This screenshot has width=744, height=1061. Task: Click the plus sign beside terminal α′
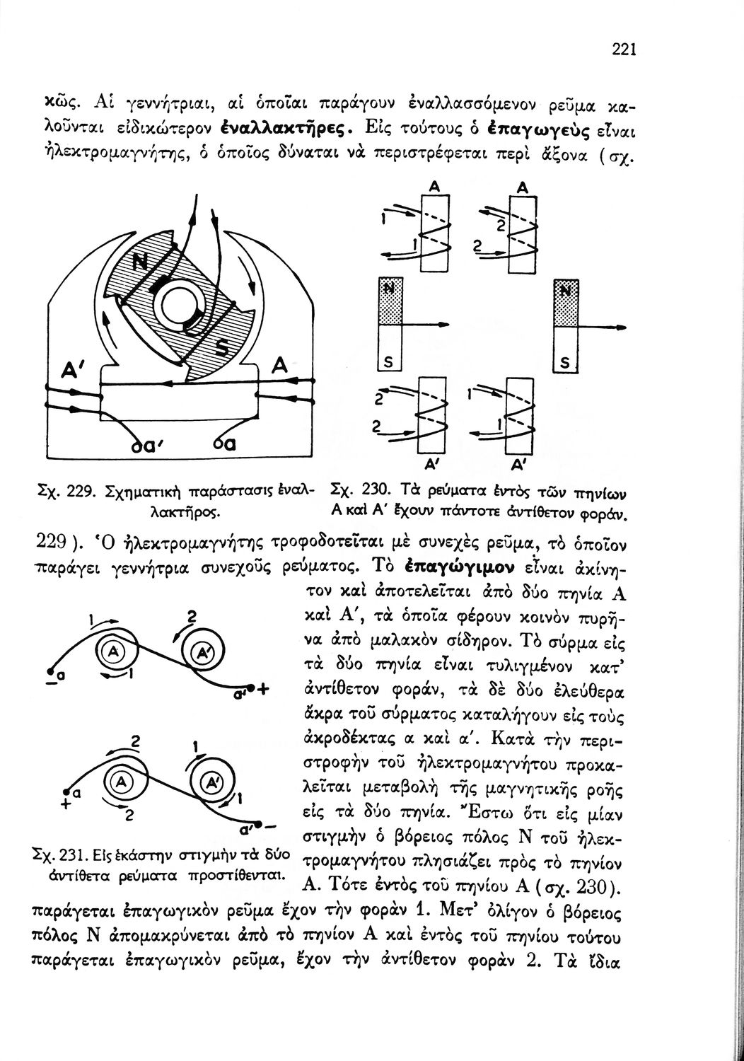(x=265, y=690)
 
